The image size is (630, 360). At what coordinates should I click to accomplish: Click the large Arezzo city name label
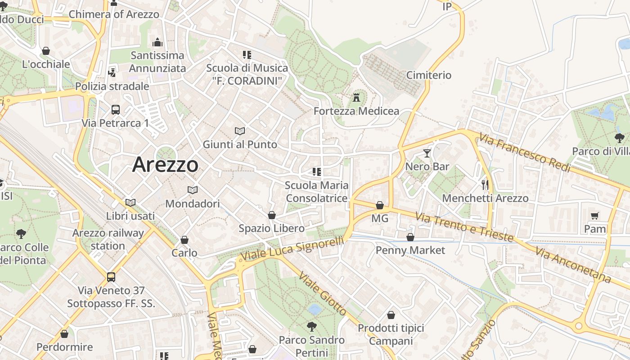click(165, 165)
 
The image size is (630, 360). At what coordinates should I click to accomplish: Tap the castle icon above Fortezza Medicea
click(356, 97)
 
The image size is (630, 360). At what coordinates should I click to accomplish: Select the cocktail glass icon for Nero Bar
click(427, 153)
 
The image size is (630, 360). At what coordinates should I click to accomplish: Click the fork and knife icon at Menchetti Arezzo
click(485, 184)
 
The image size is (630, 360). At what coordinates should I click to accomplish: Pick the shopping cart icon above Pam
click(595, 216)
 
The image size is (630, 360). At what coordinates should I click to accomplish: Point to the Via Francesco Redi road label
click(525, 152)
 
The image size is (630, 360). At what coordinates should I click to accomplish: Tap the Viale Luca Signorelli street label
click(292, 249)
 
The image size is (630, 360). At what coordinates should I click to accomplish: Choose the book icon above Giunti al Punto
click(240, 131)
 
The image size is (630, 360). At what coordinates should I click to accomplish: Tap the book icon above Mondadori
click(193, 190)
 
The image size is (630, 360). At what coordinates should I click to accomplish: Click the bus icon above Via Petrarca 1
click(116, 109)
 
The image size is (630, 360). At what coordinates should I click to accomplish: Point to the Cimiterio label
click(428, 75)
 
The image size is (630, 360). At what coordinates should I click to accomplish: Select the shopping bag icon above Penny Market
click(410, 237)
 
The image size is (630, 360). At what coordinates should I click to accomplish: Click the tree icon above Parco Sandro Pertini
click(311, 326)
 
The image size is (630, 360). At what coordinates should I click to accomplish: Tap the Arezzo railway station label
click(108, 239)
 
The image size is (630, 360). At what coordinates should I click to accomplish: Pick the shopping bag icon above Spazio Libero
click(271, 215)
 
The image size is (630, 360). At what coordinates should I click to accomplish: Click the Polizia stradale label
click(112, 86)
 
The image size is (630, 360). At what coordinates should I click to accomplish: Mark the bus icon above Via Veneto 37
click(111, 277)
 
